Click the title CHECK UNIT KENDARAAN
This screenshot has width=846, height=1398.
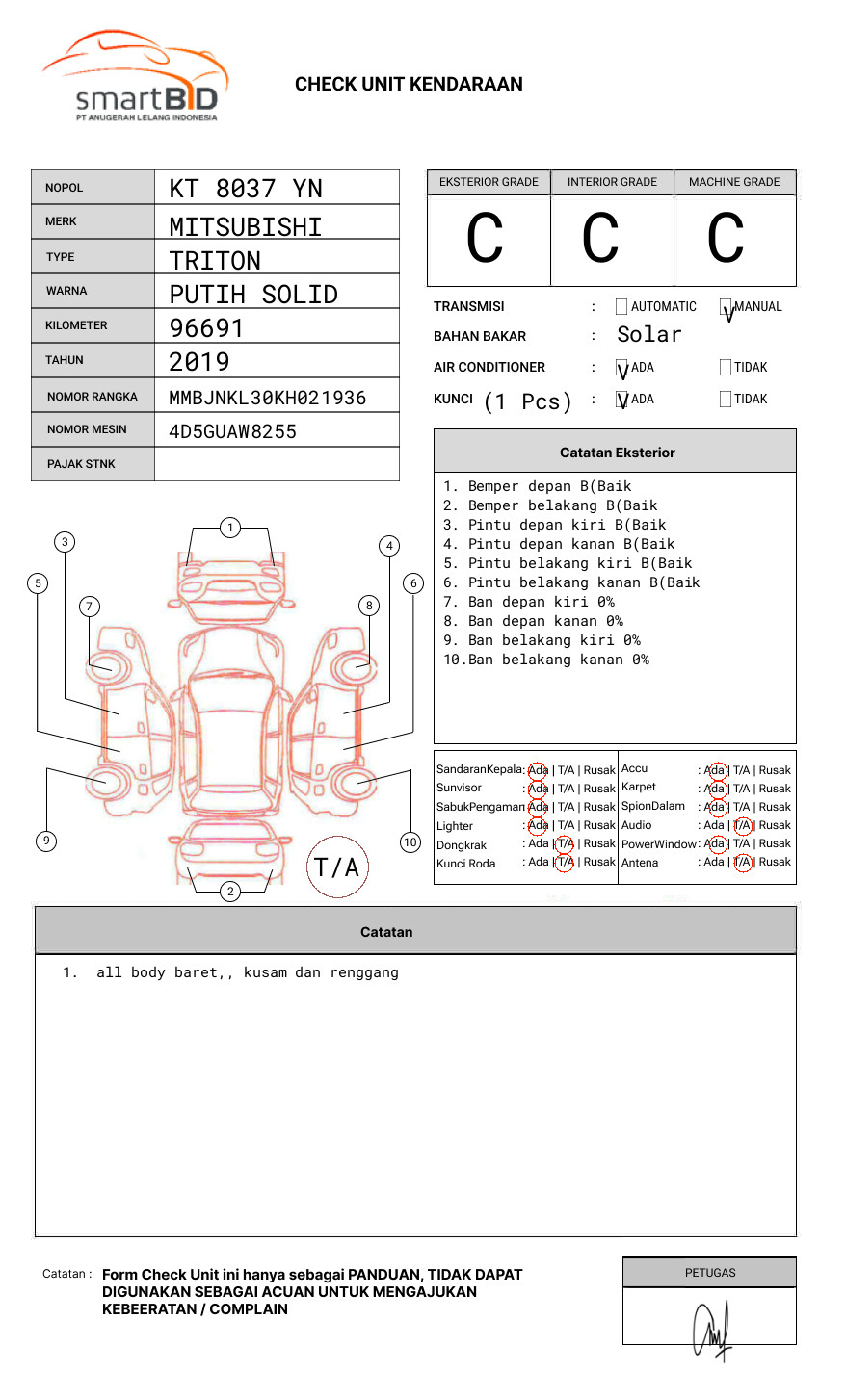click(409, 85)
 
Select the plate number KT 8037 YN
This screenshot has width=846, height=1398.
click(246, 189)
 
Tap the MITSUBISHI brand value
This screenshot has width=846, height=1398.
click(246, 227)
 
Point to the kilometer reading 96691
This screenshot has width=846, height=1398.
click(206, 328)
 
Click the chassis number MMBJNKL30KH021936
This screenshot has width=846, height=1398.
click(268, 398)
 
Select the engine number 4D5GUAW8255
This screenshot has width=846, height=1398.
click(232, 431)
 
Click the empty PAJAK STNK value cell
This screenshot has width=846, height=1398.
click(277, 464)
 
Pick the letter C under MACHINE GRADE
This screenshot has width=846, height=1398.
click(726, 239)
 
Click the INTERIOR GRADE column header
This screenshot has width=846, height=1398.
click(612, 182)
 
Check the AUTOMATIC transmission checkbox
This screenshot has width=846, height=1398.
click(621, 307)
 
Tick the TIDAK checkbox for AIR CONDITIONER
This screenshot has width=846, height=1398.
click(726, 368)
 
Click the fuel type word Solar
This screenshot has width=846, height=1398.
click(648, 335)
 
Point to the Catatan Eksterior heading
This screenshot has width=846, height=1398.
click(617, 453)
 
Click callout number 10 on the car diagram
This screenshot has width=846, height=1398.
click(410, 842)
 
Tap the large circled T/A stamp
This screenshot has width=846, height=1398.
click(337, 867)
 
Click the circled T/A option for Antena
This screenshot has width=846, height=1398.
click(742, 863)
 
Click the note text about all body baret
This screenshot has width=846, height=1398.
click(248, 972)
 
